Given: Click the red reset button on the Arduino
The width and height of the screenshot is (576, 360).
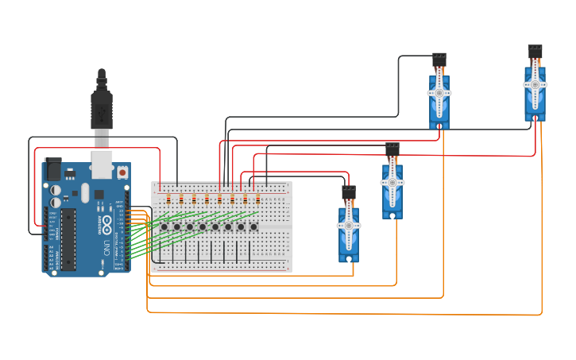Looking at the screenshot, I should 122,172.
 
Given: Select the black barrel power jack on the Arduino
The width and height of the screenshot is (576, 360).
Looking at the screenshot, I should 54,168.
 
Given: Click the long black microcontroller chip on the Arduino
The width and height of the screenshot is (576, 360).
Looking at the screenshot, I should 68,238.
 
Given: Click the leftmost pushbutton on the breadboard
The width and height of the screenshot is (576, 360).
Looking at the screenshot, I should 164,226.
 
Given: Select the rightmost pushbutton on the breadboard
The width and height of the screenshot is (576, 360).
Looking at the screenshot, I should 253,226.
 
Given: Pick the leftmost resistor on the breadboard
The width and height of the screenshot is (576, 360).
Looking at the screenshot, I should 168,199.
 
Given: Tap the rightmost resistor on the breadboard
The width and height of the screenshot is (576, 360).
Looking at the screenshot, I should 257,199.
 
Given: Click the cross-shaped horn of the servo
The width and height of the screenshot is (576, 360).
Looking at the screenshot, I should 439,93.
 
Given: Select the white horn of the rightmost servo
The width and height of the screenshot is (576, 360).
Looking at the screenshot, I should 535,84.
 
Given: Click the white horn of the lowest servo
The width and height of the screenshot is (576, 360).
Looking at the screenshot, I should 349,226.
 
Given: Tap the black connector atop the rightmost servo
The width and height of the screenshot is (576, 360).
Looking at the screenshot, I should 535,52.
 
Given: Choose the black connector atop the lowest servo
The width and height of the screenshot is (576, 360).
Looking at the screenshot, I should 349,192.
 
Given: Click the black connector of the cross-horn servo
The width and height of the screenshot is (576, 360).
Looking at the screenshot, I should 439,60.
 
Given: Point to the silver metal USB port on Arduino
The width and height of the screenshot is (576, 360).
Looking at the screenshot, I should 101,163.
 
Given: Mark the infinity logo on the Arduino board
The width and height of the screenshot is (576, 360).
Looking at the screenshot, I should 107,223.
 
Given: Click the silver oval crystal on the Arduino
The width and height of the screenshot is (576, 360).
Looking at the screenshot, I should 84,192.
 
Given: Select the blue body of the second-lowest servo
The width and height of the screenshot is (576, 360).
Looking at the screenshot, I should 392,191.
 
